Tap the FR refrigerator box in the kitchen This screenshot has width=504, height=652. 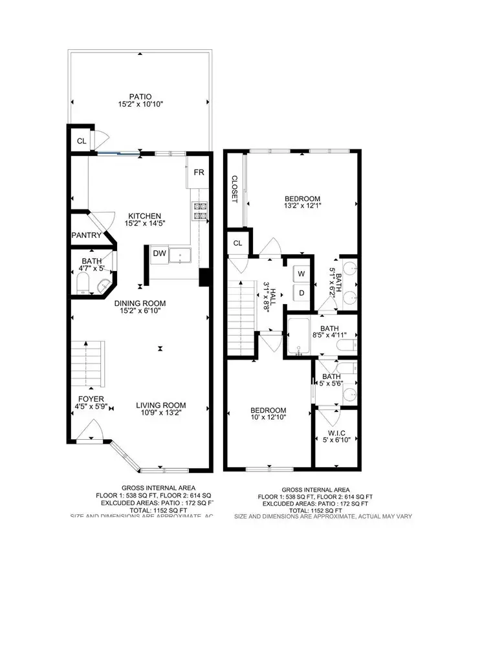click(x=199, y=173)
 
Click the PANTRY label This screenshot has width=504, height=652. click(x=86, y=236)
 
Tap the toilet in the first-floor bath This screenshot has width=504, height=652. click(x=83, y=282)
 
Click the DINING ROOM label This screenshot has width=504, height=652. click(x=140, y=303)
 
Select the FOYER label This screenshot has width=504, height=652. click(x=91, y=399)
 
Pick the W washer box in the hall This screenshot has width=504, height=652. click(x=301, y=274)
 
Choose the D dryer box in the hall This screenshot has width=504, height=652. click(x=301, y=293)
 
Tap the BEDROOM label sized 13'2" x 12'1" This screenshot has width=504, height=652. click(x=303, y=199)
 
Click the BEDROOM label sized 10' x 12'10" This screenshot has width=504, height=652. click(x=268, y=411)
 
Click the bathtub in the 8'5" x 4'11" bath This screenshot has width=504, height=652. click(x=299, y=337)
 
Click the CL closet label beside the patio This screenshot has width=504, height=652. click(x=82, y=140)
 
